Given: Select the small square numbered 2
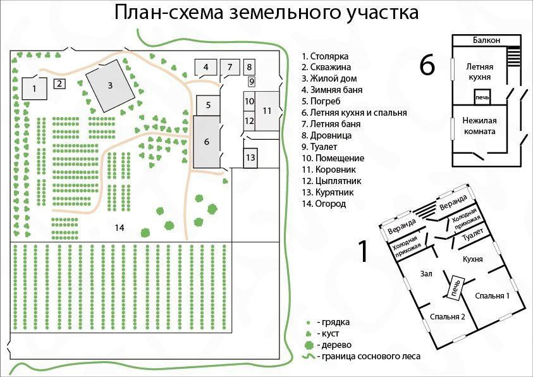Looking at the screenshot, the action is pyautogui.click(x=59, y=83).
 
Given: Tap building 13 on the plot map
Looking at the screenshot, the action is pyautogui.click(x=250, y=157).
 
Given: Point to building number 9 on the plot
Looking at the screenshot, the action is pyautogui.click(x=251, y=81).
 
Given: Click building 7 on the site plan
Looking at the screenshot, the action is pyautogui.click(x=230, y=66).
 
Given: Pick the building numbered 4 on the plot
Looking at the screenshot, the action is pyautogui.click(x=205, y=66).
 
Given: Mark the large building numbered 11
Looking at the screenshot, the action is pyautogui.click(x=267, y=110).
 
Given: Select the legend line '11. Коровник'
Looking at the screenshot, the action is pyautogui.click(x=330, y=170).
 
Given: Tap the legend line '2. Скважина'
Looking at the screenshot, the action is pyautogui.click(x=326, y=67).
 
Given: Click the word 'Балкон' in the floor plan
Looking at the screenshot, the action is pyautogui.click(x=486, y=40).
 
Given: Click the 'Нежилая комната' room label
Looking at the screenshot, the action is pyautogui.click(x=487, y=126).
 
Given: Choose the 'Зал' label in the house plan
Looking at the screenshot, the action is pyautogui.click(x=426, y=273).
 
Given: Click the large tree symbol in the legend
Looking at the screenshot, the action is pyautogui.click(x=309, y=345).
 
